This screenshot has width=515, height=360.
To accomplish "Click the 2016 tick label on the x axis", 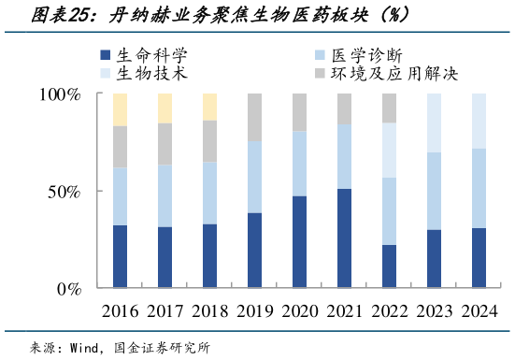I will pos(120,311).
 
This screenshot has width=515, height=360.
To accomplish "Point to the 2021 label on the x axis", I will pos(344,311).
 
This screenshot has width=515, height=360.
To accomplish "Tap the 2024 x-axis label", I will pos(479,311).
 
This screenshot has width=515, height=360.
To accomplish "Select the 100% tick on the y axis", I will pos(62,94).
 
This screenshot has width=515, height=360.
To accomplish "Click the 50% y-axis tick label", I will pos(66,192).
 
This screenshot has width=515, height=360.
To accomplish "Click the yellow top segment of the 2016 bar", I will pos(120,109).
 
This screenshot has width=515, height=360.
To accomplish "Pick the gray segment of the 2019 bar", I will pos(254,117).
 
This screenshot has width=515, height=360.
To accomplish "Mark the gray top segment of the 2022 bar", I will pos(389,108).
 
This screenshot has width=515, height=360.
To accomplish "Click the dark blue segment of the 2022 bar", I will pos(389,266).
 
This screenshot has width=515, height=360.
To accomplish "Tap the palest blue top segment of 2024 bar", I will pos(479,121).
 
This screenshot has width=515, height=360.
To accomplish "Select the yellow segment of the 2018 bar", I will pos(209,107).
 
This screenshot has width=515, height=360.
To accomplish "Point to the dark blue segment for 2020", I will pos(299,242).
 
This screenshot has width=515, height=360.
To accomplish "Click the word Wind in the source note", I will pos(86,347).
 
